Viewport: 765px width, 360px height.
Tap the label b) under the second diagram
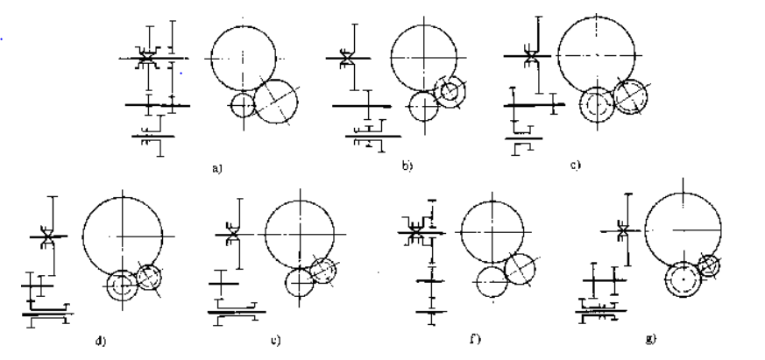click(x=407, y=163)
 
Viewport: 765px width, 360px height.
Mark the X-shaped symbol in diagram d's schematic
click(x=46, y=236)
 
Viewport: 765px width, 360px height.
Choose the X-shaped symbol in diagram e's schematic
click(x=233, y=236)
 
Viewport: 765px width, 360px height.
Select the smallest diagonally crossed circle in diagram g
click(x=708, y=264)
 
